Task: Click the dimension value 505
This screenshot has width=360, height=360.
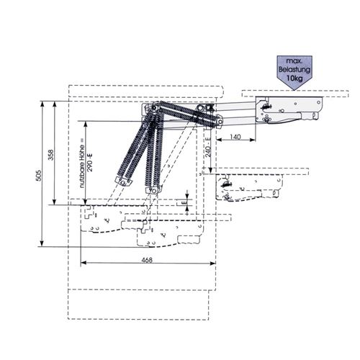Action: point(39,176)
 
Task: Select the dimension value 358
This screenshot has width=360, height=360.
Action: point(51,155)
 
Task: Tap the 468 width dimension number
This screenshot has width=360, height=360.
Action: point(147,260)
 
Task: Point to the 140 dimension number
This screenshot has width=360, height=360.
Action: point(235,137)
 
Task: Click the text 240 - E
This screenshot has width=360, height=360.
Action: point(208,147)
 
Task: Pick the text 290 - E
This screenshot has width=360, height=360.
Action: point(90,163)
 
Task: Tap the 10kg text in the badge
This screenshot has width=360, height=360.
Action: point(294,78)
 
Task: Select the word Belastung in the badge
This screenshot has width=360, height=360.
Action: point(294,70)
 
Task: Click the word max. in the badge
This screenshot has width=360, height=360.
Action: point(294,62)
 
